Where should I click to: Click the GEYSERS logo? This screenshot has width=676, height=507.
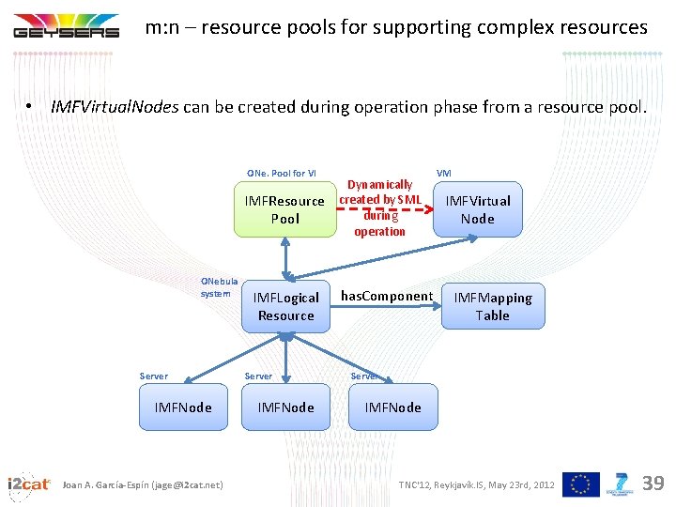click(66, 26)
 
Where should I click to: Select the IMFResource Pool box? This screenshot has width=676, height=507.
click(285, 209)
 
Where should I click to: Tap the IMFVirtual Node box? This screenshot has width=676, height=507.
click(477, 209)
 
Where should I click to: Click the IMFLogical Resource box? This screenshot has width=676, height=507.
click(285, 306)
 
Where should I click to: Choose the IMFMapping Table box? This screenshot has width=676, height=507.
click(492, 306)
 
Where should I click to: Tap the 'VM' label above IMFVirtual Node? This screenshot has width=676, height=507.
click(444, 174)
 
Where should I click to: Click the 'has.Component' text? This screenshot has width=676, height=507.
click(386, 297)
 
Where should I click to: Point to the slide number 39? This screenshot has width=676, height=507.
click(653, 484)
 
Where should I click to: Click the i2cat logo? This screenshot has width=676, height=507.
click(28, 484)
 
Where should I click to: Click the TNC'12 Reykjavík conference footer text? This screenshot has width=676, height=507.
click(476, 484)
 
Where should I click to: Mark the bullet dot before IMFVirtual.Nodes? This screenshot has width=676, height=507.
click(30, 107)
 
